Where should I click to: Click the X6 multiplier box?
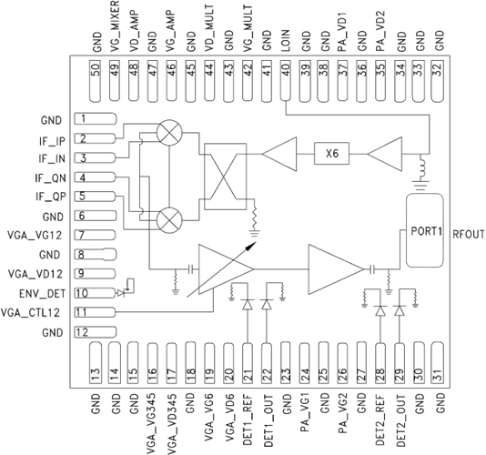(331, 154)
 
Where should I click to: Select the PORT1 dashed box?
(425, 230)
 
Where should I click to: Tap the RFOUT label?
(469, 234)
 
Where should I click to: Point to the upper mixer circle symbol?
(169, 132)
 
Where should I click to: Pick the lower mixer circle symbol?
(169, 220)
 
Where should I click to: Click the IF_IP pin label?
(52, 141)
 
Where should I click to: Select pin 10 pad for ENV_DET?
(95, 293)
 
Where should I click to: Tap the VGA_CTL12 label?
(30, 312)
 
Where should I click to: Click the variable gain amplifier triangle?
(223, 269)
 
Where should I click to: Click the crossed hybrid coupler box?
(226, 177)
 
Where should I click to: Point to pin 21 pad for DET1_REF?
(248, 363)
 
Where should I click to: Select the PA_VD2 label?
(380, 31)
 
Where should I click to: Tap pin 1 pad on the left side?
(96, 119)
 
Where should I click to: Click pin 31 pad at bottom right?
(438, 363)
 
